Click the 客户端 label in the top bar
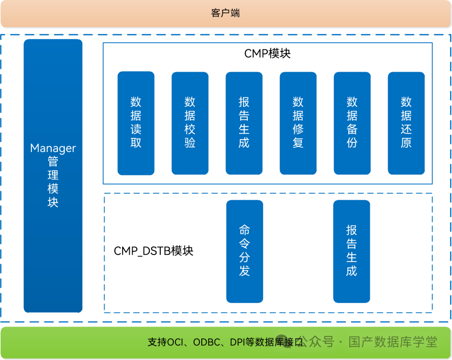[226, 13]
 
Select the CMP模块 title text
[267, 54]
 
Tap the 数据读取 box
[136, 123]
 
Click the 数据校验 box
[190, 123]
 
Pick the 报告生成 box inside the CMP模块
[244, 123]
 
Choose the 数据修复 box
[298, 123]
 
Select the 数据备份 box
[352, 123]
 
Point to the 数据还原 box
[406, 123]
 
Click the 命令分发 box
[244, 251]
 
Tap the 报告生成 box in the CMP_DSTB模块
[352, 251]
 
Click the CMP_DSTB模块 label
[154, 251]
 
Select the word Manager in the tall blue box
[53, 148]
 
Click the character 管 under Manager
[53, 162]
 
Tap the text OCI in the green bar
[176, 342]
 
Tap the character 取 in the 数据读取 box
[136, 143]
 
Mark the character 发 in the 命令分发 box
[244, 271]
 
